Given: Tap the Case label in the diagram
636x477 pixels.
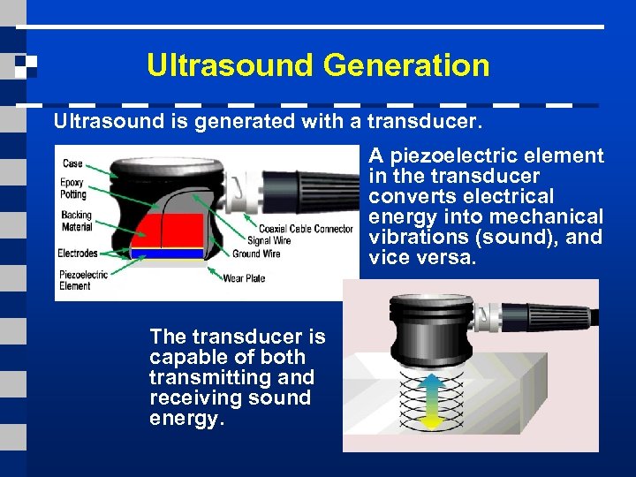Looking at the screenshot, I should [72, 163].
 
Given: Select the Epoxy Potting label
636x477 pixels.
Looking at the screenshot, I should [73, 188].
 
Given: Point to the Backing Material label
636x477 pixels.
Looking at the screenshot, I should [76, 221].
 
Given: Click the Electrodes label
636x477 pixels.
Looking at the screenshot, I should [78, 254].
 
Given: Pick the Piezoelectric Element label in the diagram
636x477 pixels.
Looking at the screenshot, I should [82, 280].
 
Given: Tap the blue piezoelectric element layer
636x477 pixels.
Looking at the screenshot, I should [168, 253].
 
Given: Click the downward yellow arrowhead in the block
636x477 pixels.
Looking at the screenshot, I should [431, 421].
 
